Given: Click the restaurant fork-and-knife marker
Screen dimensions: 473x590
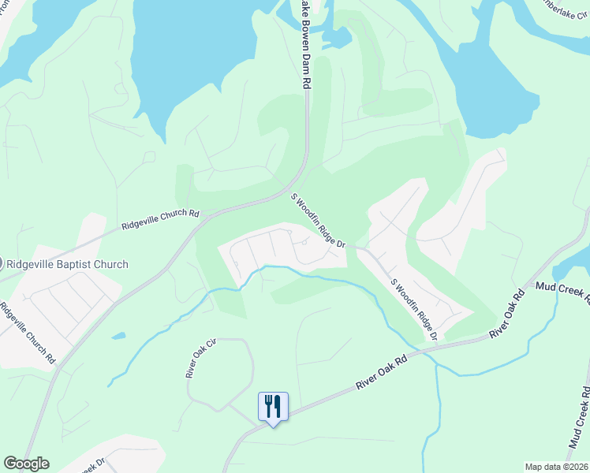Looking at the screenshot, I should [273, 407].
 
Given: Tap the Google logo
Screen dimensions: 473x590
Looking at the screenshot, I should [26, 464].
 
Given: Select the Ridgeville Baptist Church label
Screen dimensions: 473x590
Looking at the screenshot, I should [66, 265].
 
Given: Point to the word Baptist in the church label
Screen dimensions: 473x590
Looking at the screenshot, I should [80, 265].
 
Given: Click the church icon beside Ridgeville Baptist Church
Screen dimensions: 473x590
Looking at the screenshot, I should [2, 265].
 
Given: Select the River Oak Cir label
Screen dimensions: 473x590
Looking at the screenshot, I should [200, 359].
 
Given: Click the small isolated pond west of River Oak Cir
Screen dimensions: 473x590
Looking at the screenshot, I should [118, 336].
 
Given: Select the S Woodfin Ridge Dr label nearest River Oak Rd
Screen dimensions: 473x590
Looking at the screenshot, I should [414, 308].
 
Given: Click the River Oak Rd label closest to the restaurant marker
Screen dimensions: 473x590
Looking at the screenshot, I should [382, 370].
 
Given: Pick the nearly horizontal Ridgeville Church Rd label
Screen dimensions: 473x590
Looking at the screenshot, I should [161, 219].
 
